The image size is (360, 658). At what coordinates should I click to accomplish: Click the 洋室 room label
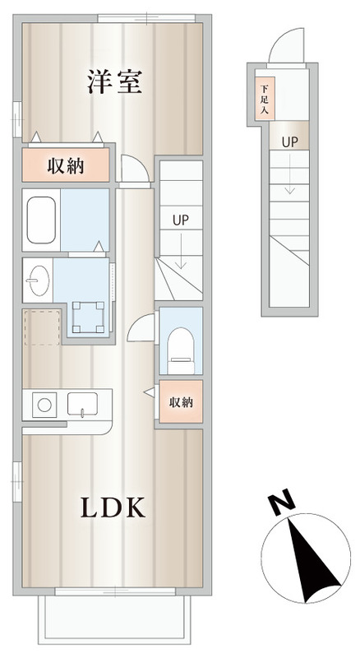pos(114,81)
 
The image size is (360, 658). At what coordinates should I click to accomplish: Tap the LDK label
pos(113,507)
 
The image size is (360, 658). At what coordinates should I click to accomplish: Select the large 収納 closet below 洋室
pos(66,165)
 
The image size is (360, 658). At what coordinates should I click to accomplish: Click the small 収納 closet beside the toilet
pos(181,402)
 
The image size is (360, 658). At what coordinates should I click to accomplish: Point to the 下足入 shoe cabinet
pos(265,99)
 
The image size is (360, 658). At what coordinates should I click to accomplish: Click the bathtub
pos(41,220)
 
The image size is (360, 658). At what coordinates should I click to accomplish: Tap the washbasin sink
pos(38,280)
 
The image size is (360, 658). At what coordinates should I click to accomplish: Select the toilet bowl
pos(181,350)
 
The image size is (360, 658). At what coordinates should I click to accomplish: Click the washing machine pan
pos(88,317)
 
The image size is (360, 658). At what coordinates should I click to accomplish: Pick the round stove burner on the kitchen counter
pos(44,405)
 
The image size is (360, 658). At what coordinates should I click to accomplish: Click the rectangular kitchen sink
pos(83,404)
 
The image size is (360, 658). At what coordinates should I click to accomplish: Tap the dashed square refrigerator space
pos(42,327)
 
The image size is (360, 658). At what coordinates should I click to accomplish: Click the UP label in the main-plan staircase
pos(181,220)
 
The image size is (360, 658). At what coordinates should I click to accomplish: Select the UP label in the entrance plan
pos(289,142)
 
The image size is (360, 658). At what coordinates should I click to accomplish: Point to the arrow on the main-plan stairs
pos(181,251)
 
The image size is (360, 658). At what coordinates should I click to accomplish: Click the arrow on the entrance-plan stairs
pos(289,174)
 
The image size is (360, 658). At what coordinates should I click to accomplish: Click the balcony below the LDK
pos(114,620)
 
